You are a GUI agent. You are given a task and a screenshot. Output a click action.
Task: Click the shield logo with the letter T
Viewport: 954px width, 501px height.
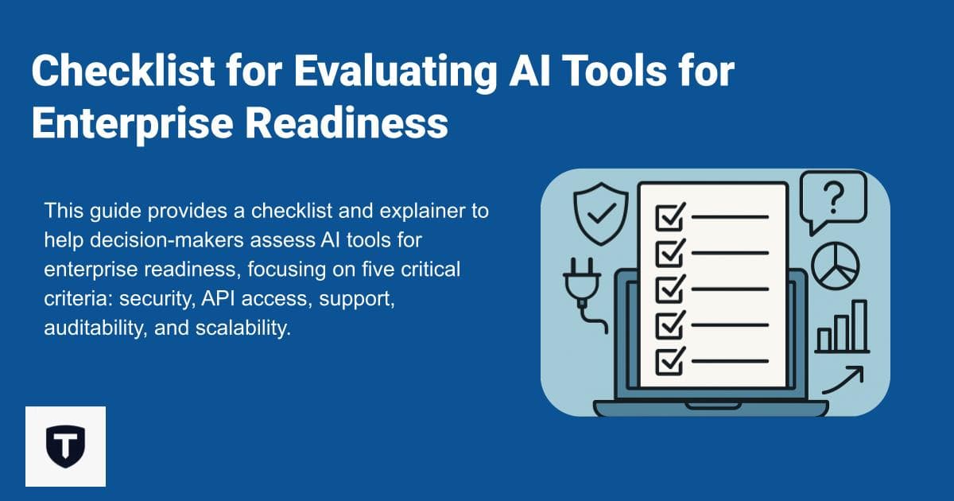pyautogui.click(x=65, y=446)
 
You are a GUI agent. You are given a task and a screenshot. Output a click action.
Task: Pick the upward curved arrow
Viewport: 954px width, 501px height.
pyautogui.click(x=843, y=379)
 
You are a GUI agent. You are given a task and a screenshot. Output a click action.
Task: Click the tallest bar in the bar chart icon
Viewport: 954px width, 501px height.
pyautogui.click(x=859, y=326)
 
